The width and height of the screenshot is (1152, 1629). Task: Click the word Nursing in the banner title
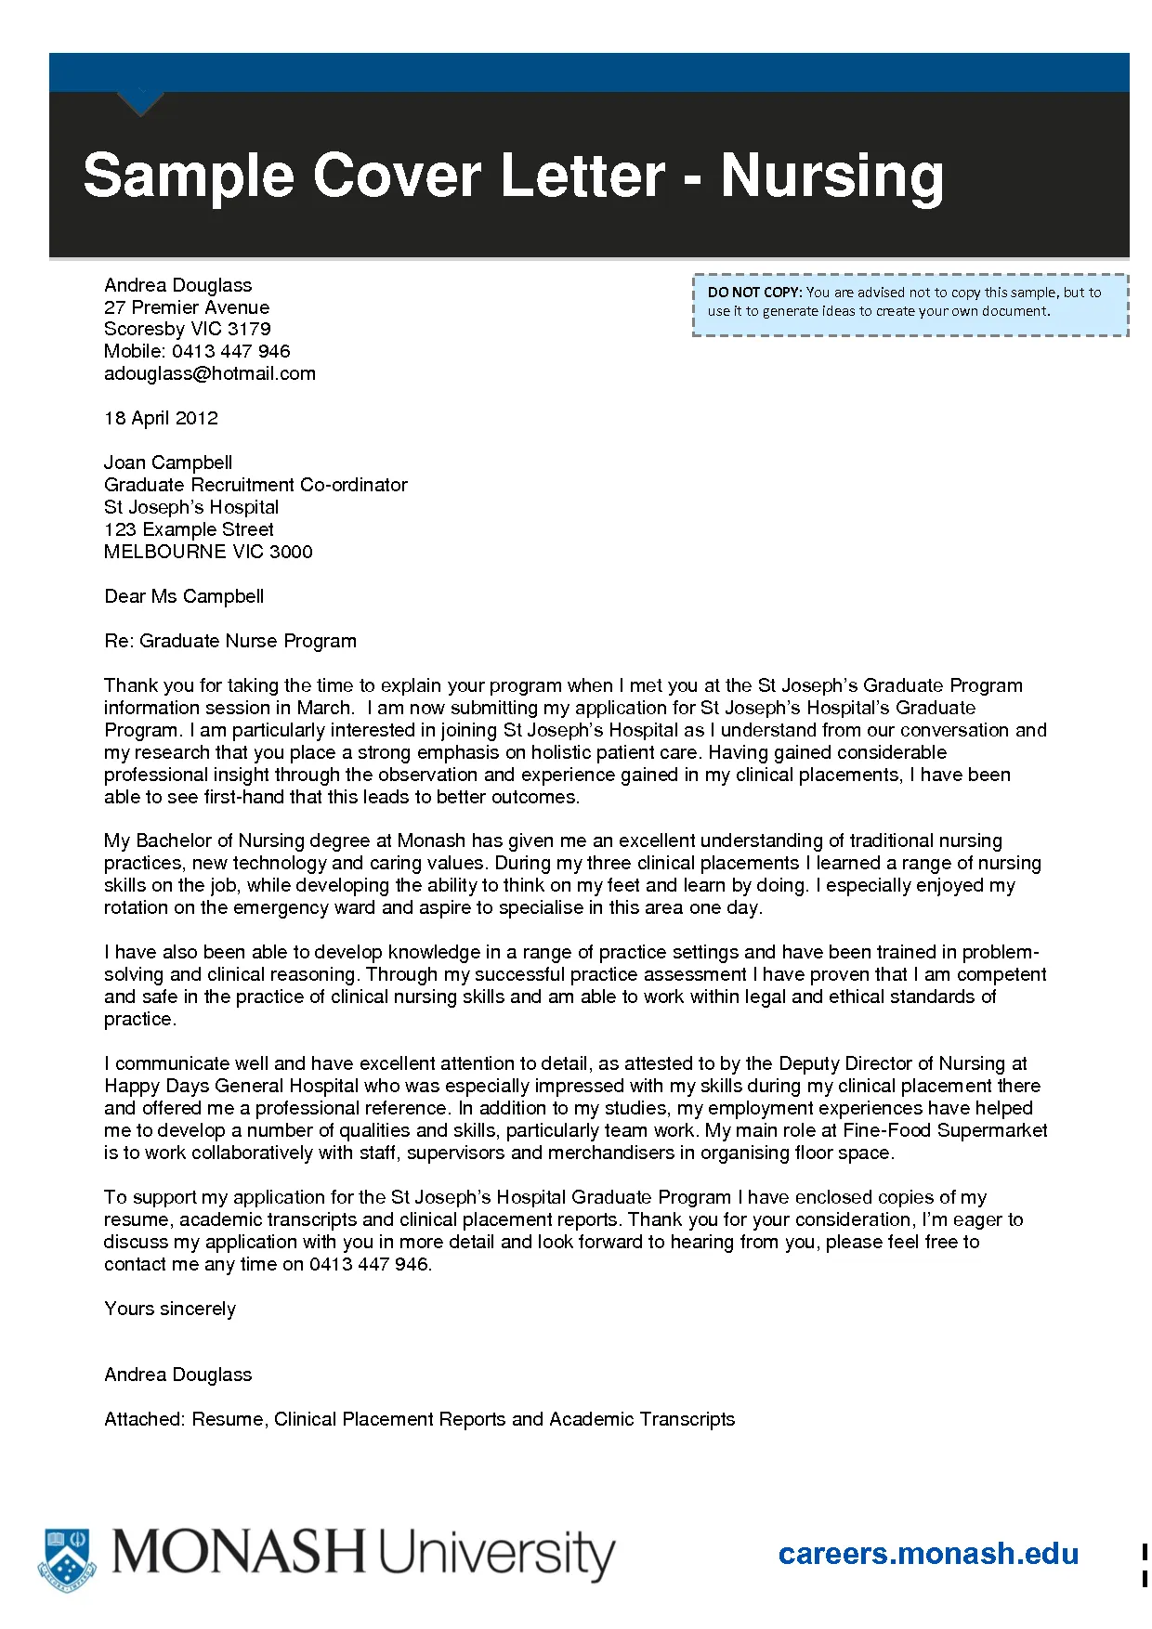point(831,176)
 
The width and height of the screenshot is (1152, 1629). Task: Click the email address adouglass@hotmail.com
point(210,373)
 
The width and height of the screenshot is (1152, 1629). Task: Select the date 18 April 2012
point(161,418)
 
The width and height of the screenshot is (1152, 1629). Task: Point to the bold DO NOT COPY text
point(754,293)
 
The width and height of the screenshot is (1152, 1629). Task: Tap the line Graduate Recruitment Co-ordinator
point(255,485)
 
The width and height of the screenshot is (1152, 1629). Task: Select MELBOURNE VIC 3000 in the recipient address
point(208,552)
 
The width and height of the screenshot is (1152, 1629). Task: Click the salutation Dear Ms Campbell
point(184,596)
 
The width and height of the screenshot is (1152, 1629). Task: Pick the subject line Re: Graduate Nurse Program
point(230,641)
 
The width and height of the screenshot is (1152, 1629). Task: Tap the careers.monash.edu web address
point(928,1554)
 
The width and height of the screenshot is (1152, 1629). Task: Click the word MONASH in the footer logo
point(239,1552)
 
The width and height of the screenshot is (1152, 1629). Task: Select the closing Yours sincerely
point(170,1309)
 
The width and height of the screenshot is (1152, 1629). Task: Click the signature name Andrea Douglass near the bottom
point(178,1375)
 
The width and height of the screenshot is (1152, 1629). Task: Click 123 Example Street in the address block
point(189,529)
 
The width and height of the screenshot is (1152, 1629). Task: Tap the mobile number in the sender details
point(230,351)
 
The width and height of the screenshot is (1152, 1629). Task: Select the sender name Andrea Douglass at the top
point(178,285)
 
